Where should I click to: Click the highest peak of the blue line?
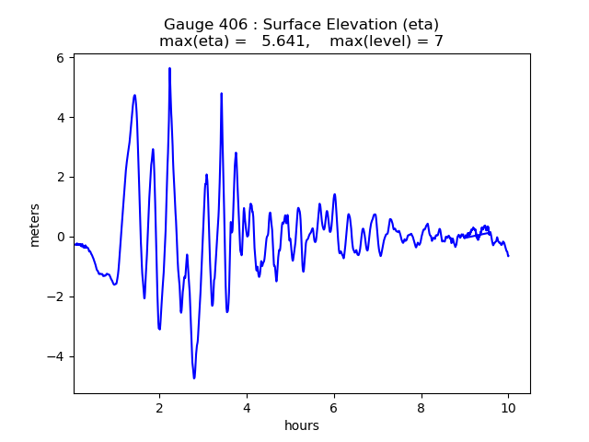(x=169, y=68)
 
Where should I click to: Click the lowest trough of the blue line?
(x=194, y=378)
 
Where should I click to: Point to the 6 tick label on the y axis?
(x=59, y=58)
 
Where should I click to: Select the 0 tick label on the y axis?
(x=59, y=238)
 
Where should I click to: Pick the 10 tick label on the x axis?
(x=508, y=407)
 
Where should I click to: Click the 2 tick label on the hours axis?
(x=159, y=407)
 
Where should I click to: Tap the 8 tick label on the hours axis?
(x=422, y=407)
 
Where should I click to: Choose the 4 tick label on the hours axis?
(x=247, y=407)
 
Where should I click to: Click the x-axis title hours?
(x=302, y=425)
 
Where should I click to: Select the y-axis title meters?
(x=35, y=225)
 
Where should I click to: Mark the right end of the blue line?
(x=508, y=255)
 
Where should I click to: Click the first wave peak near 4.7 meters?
(x=134, y=95)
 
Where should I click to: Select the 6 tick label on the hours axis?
(x=334, y=407)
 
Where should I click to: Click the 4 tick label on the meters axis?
(x=59, y=118)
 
